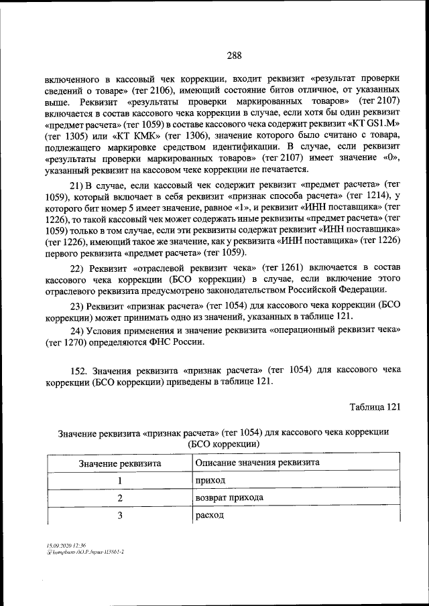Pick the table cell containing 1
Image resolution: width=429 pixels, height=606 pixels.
tap(119, 481)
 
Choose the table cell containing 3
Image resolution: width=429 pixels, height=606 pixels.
tap(119, 516)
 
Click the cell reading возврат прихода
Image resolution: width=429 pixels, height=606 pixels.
tap(229, 498)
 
